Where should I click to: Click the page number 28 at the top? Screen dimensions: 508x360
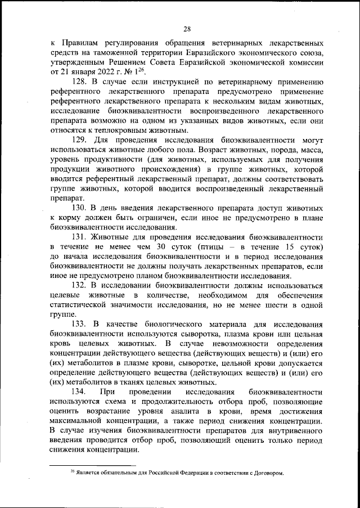click(x=187, y=29)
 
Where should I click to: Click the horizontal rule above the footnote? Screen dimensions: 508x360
click(x=93, y=465)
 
